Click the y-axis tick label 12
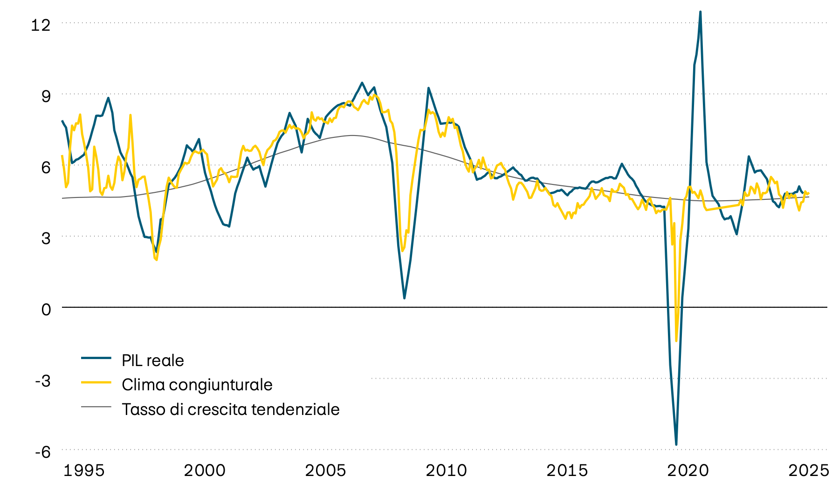(x=40, y=25)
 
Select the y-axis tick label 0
(x=46, y=309)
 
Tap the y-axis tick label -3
(x=43, y=381)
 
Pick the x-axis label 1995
(x=84, y=470)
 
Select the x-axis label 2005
(x=325, y=470)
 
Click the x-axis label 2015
(x=567, y=470)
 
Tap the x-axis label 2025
(x=809, y=470)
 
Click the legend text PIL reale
(x=152, y=360)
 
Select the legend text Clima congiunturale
(x=197, y=385)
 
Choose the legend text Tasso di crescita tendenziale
(x=230, y=409)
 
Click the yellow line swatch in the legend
(x=96, y=382)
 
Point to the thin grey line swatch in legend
(x=96, y=407)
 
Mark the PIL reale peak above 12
(x=700, y=12)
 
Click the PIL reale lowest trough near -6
(x=676, y=444)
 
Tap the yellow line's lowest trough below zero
(x=676, y=340)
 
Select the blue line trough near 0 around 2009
(x=404, y=298)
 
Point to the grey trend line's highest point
(x=352, y=136)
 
